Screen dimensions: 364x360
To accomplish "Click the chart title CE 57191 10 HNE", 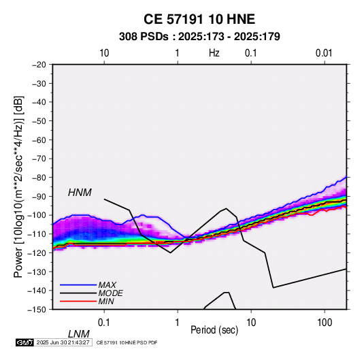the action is click(199, 19).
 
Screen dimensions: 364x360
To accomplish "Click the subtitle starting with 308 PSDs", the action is click(199, 37).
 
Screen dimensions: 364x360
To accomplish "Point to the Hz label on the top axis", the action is click(214, 53).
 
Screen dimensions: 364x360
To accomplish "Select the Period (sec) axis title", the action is click(214, 330).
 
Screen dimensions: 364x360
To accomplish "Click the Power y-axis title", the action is click(18, 186).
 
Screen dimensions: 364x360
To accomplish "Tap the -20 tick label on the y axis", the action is click(39, 65).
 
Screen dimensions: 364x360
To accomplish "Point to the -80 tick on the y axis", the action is click(39, 178).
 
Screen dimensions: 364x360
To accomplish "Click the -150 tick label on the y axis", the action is click(37, 310).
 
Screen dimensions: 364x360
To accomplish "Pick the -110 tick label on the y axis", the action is click(37, 234).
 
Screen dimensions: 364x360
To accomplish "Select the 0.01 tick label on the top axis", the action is click(324, 53).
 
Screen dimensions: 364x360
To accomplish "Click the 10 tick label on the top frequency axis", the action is click(104, 53).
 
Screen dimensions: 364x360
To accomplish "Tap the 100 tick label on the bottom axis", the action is click(325, 323).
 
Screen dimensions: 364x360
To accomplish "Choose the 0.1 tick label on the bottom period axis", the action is click(104, 323).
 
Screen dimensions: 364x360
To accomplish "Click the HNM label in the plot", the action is click(80, 193).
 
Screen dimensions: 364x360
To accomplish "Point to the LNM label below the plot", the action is click(78, 334).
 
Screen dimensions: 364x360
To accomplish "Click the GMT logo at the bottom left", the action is click(25, 342).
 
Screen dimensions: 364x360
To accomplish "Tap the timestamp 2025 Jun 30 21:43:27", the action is click(63, 342).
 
